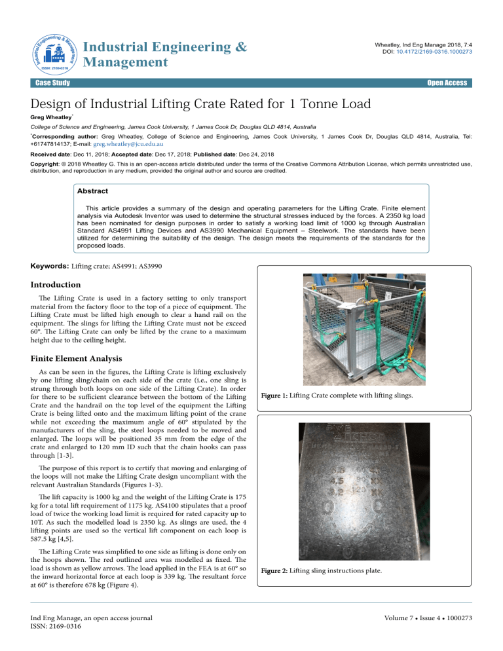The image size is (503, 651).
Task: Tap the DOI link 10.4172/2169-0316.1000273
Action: coord(436,50)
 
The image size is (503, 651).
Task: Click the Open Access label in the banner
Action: coord(447,83)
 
